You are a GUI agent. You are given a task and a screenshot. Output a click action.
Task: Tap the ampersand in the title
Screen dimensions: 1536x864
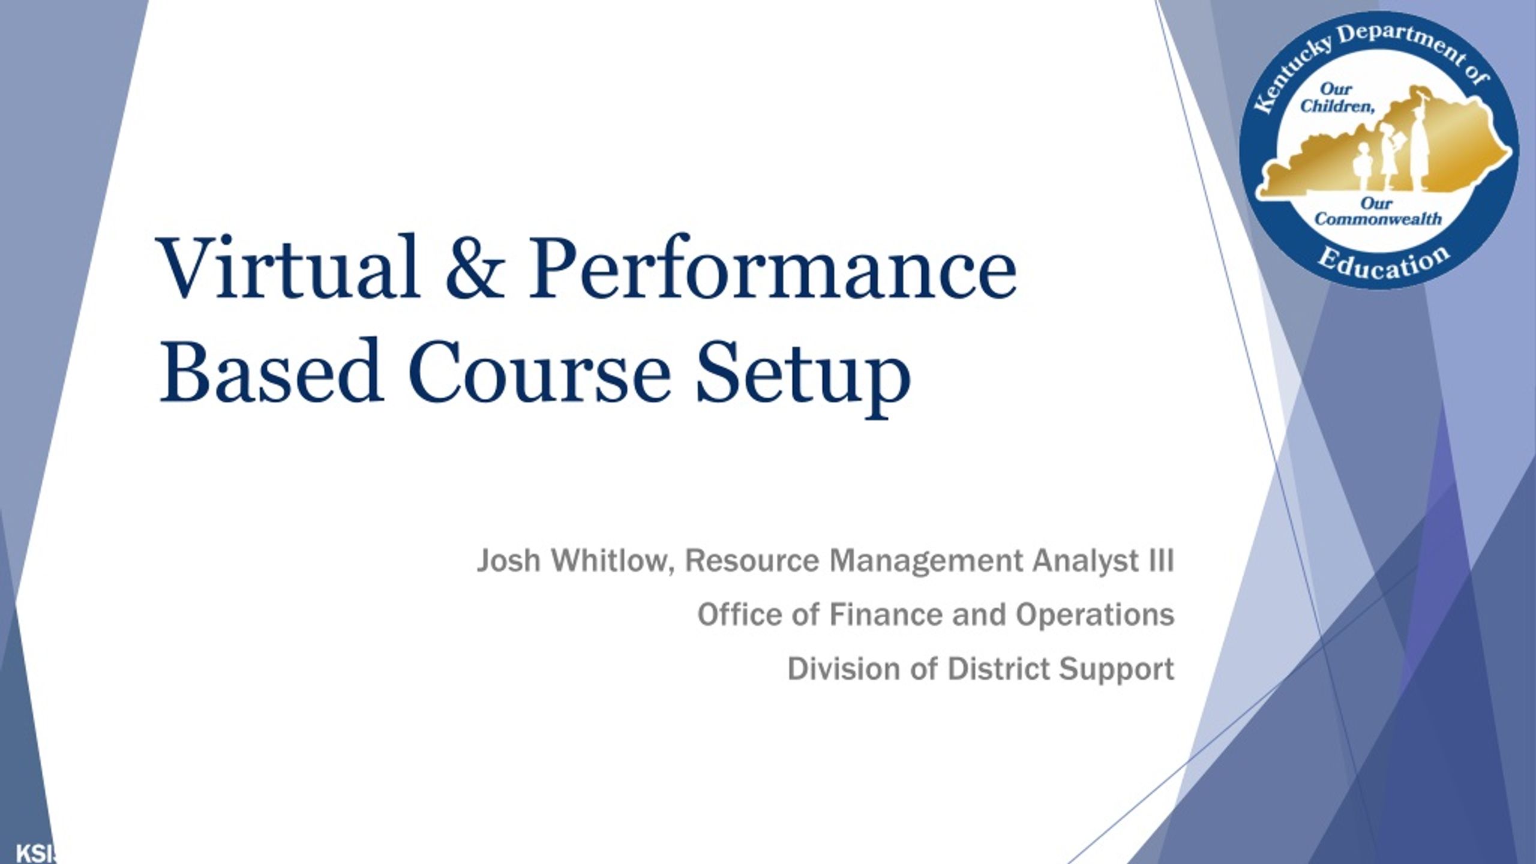pyautogui.click(x=473, y=267)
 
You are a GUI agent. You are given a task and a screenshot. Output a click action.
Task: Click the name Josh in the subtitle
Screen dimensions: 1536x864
pyautogui.click(x=508, y=561)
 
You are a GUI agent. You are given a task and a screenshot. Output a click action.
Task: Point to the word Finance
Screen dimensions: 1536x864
pyautogui.click(x=886, y=614)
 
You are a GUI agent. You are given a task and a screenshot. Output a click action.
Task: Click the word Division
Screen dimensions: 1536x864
pyautogui.click(x=844, y=669)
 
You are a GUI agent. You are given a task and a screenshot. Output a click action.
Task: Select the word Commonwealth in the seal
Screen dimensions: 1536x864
pyautogui.click(x=1378, y=219)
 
